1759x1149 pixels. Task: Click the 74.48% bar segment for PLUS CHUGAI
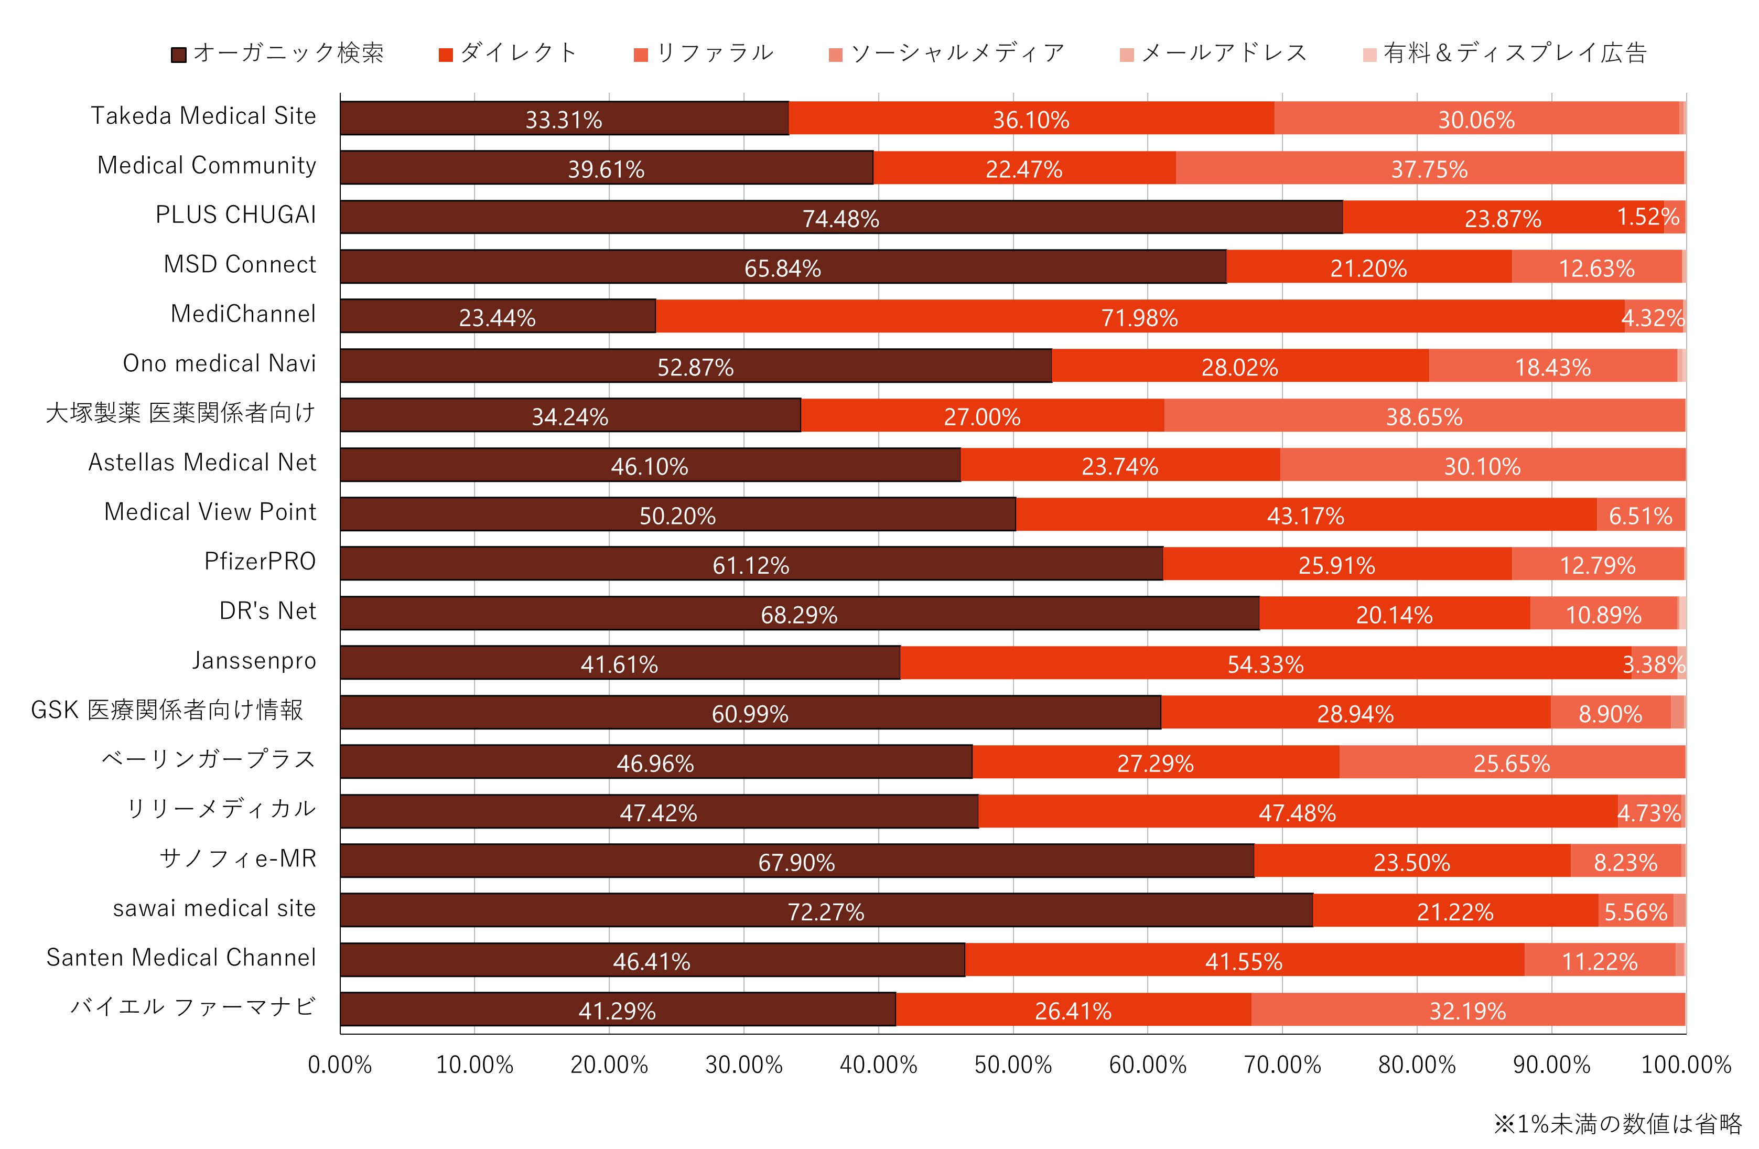841,218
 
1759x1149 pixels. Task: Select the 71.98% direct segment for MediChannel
1140,316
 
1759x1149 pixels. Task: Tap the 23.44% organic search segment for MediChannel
498,316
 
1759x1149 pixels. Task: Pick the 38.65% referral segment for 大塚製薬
1424,415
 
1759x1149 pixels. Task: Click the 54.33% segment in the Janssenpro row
1265,663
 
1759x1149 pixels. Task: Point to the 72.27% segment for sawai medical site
826,911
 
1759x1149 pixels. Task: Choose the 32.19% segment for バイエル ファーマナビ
1467,1010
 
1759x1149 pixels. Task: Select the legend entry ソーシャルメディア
948,53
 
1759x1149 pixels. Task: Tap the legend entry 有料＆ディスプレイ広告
1505,53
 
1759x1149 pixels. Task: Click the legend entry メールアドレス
1214,53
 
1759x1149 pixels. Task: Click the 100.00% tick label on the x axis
1686,1065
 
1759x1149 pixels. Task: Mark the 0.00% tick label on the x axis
340,1065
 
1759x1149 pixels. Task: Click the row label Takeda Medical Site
203,116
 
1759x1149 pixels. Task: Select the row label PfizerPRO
260,562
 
